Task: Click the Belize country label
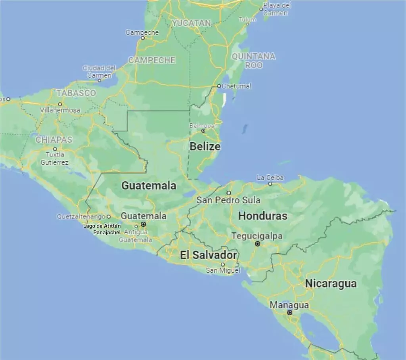(205, 147)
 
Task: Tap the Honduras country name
(262, 216)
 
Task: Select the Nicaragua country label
(331, 284)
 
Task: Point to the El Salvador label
(209, 255)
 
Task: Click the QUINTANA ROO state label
(253, 61)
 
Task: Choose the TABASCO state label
(76, 93)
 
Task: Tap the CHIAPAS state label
(54, 140)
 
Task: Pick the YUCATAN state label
(192, 23)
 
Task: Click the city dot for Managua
(290, 312)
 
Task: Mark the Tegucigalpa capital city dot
(257, 244)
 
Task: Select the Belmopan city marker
(203, 130)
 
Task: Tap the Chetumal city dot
(218, 86)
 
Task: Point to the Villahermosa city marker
(60, 104)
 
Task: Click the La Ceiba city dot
(270, 184)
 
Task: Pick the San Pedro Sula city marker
(229, 193)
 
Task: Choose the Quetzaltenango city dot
(109, 217)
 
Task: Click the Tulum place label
(247, 19)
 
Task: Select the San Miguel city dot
(223, 264)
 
